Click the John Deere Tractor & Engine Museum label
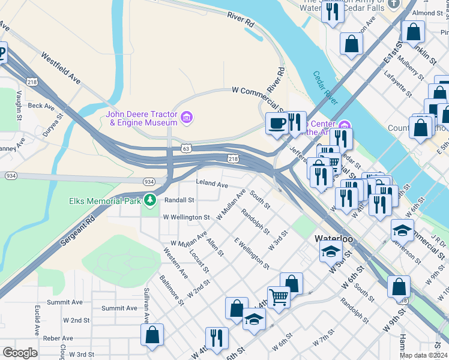point(142,118)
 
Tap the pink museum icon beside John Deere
point(187,117)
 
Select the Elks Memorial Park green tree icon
point(149,200)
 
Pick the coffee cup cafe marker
point(276,124)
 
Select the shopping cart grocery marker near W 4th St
point(279,296)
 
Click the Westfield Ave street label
point(61,67)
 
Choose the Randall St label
point(179,200)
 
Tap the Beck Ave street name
point(41,106)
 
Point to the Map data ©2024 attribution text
point(423,355)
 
